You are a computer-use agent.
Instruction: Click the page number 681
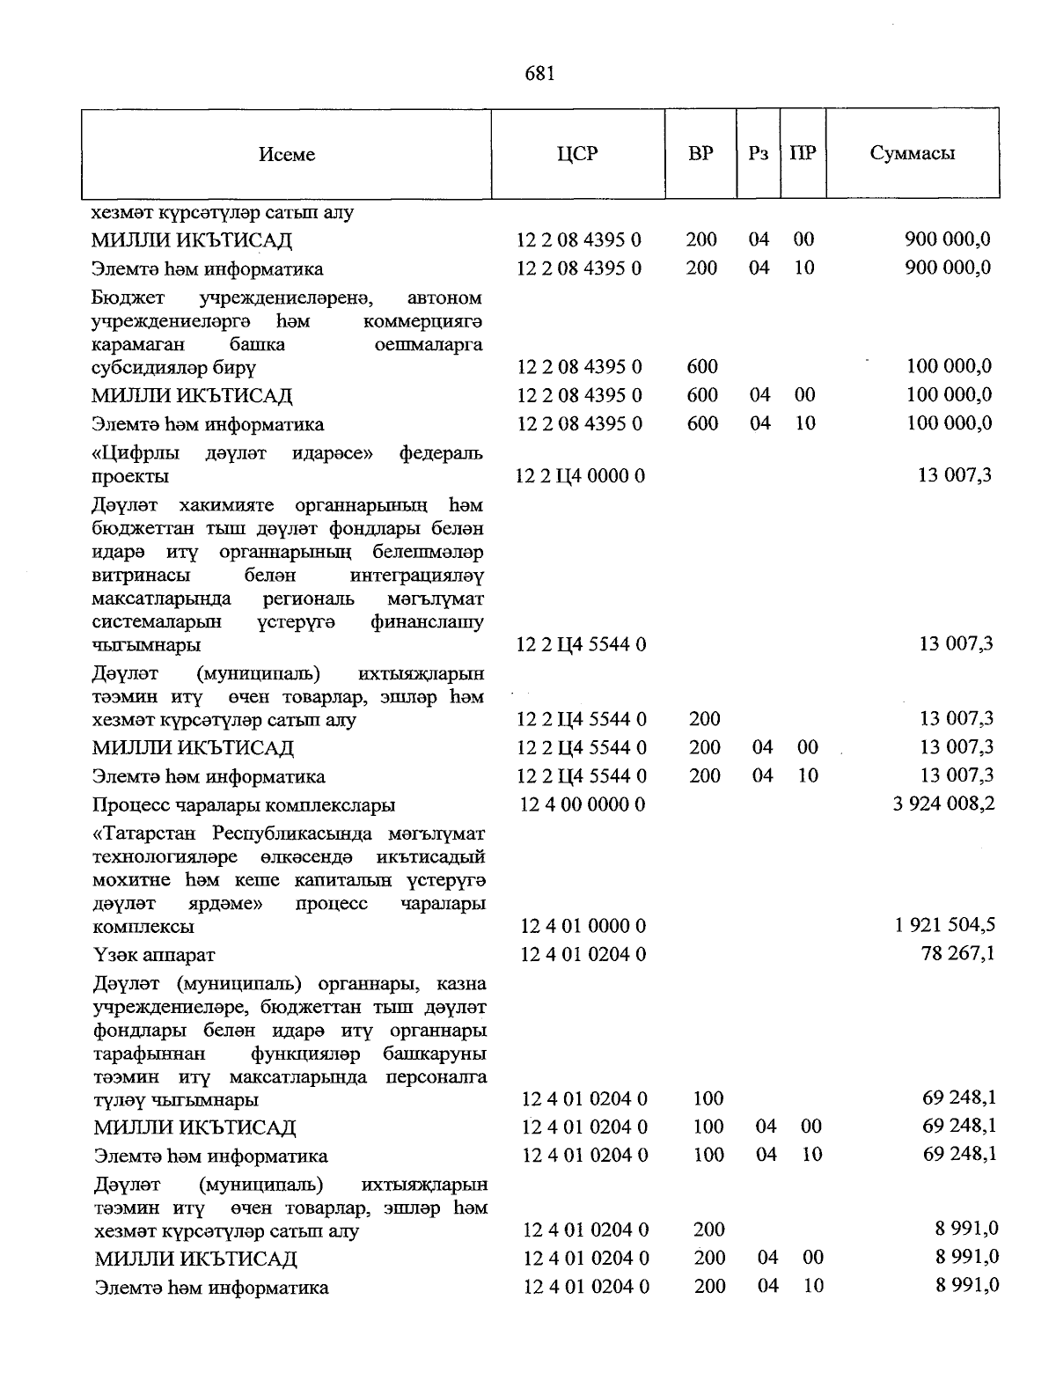(539, 73)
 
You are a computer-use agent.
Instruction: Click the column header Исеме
(287, 155)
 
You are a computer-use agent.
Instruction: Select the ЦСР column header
(577, 154)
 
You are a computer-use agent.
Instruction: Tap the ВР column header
(700, 154)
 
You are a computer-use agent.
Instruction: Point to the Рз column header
(758, 154)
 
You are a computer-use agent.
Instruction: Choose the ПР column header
(803, 154)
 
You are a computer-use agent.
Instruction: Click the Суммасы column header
(913, 154)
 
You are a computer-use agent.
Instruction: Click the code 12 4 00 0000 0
(583, 804)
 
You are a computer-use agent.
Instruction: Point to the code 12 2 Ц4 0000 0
(581, 476)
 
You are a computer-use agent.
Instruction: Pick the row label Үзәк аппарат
(154, 955)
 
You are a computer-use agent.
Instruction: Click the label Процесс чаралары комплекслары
(244, 805)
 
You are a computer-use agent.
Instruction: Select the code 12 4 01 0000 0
(583, 926)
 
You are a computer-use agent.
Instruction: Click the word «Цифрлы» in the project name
(136, 454)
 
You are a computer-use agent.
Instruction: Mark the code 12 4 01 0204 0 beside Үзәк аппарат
(584, 954)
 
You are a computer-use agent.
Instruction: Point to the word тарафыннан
(149, 1054)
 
